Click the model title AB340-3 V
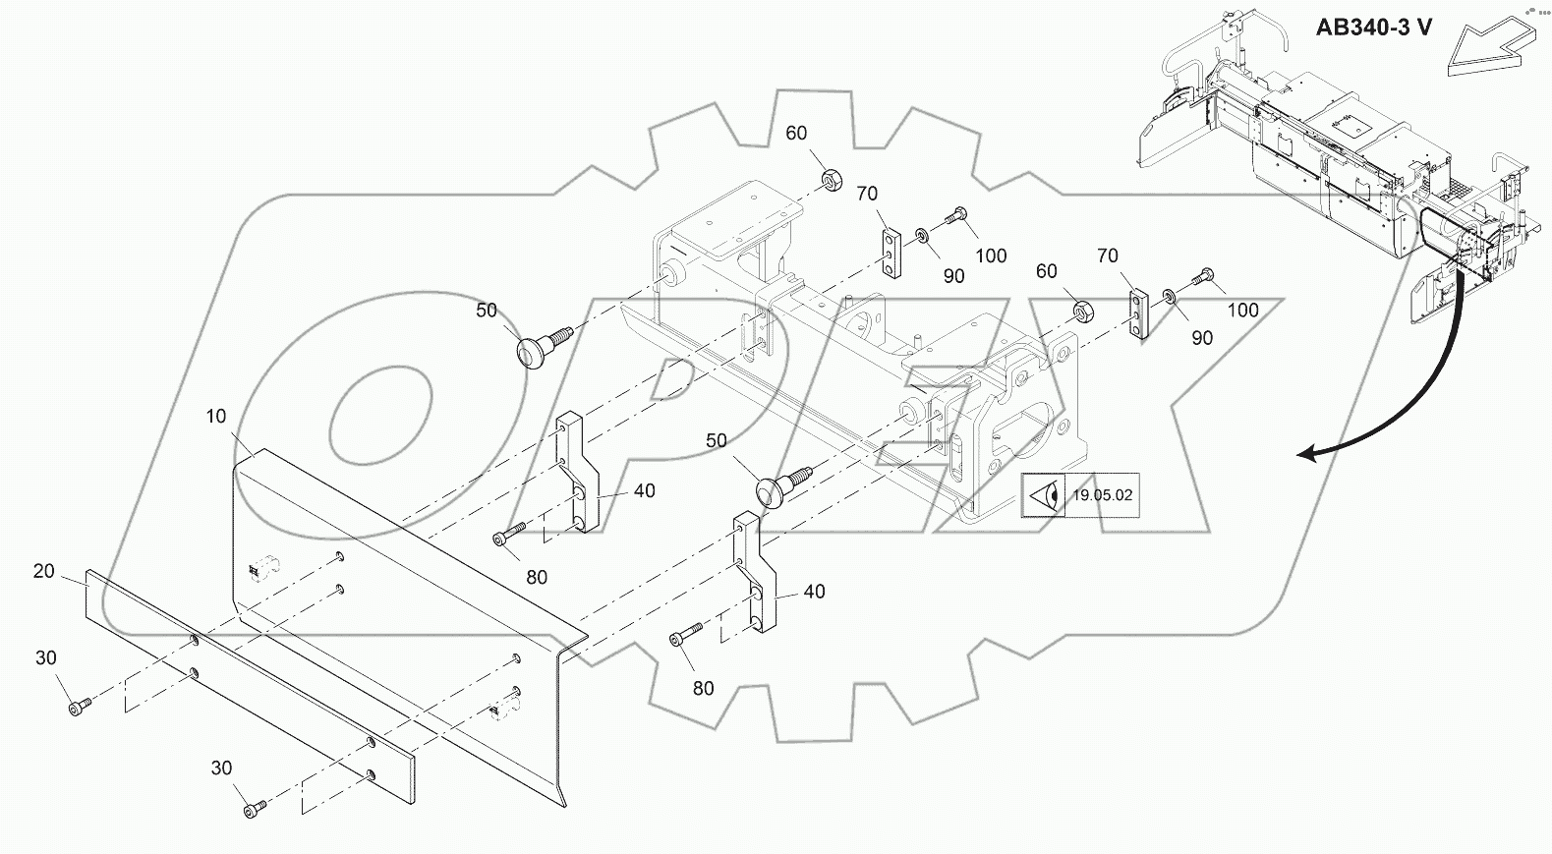1373,27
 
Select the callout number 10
216,417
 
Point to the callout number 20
44,570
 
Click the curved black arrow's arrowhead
1307,453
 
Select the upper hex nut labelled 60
831,180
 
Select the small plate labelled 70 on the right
1138,313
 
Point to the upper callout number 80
536,578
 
